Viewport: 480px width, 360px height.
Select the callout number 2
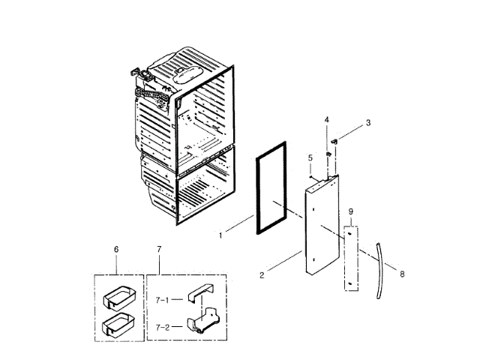pos(262,276)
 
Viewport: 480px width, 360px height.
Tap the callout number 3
pos(368,122)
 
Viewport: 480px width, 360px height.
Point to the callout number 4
pos(327,120)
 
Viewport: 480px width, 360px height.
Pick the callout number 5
pos(309,157)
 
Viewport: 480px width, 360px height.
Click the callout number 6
pos(116,248)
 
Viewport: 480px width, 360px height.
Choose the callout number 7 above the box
pos(159,248)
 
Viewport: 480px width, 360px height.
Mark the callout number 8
pos(402,274)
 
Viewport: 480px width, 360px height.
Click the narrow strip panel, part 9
pos(351,259)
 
